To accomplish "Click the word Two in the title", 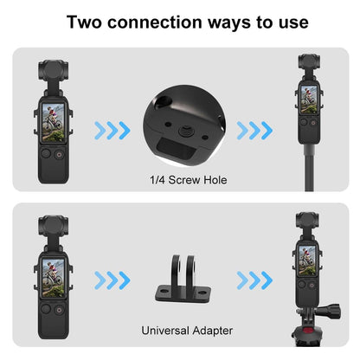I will click(x=84, y=21).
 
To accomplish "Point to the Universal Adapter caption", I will click(x=180, y=330).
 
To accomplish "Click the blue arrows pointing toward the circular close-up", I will click(x=112, y=131).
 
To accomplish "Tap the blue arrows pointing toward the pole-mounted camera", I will click(x=254, y=131).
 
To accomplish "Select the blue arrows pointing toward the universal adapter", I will click(x=112, y=280).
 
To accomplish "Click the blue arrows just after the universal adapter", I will click(x=254, y=280).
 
